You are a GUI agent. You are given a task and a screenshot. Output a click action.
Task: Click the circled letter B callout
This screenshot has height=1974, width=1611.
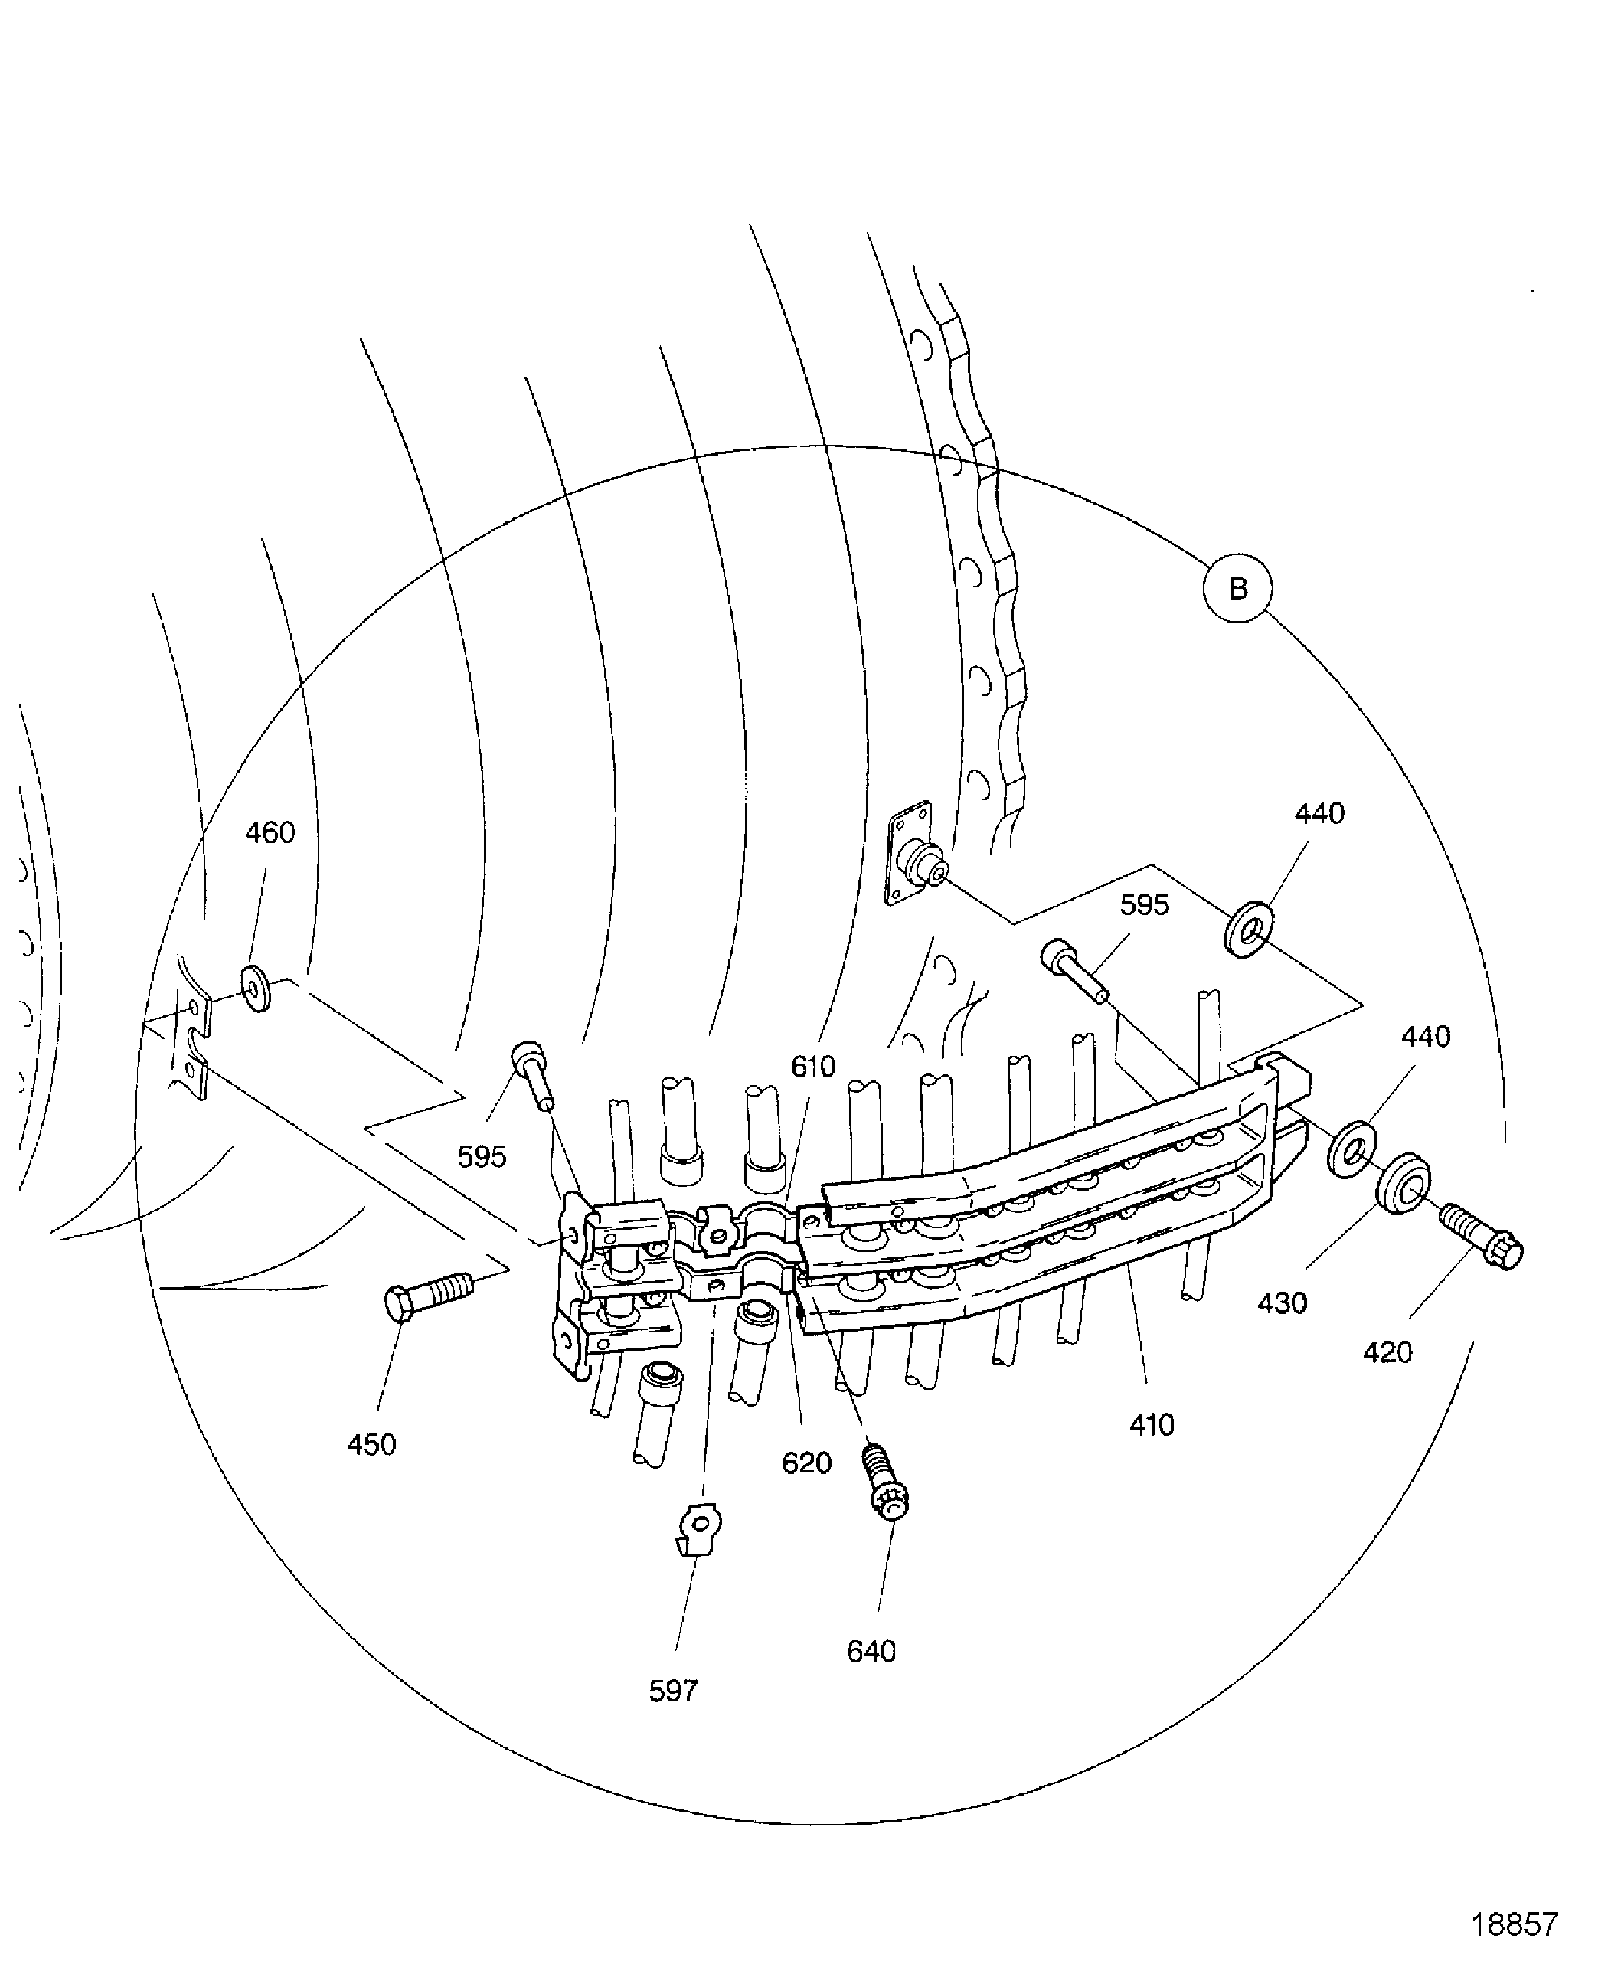click(1237, 589)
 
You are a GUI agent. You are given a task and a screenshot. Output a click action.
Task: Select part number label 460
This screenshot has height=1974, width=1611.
click(270, 832)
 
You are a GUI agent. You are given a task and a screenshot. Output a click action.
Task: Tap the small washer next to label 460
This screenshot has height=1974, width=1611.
click(256, 989)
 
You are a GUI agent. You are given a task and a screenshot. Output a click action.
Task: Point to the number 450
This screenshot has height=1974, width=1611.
click(371, 1444)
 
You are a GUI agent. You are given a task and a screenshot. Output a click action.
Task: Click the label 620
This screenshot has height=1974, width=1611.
click(806, 1463)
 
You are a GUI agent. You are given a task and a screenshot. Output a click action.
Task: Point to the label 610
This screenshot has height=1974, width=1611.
click(813, 1067)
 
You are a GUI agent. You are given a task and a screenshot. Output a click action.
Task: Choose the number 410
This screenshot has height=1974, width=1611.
click(1152, 1425)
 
